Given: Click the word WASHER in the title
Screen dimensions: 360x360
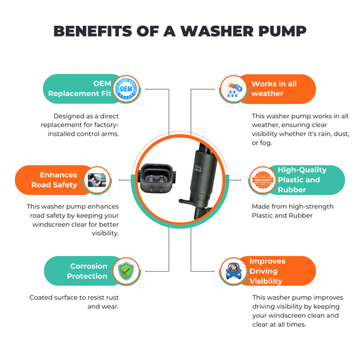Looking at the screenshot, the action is (217, 31).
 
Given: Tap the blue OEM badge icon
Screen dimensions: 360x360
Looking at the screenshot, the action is (126, 88).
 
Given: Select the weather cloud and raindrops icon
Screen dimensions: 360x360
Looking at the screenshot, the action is (234, 89).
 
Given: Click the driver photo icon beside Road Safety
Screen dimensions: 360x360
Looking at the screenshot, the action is (97, 180).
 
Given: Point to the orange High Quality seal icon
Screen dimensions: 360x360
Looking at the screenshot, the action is (263, 180).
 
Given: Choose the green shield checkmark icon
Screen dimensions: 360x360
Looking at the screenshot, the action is (126, 271).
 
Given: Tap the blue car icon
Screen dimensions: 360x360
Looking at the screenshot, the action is (234, 271).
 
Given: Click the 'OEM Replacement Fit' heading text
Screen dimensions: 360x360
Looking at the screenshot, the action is (79, 88).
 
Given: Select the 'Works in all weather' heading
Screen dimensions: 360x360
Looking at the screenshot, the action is (274, 88).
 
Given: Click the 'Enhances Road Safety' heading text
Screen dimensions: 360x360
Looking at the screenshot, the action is (54, 180).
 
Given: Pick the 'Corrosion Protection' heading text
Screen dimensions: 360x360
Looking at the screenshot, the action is (87, 271).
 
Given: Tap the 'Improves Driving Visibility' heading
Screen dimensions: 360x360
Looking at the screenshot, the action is (268, 271).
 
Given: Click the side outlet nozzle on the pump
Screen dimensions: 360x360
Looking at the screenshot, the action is (185, 201).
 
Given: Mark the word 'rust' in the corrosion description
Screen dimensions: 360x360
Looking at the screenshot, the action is (112, 298).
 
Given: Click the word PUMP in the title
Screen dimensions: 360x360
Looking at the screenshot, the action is (283, 31).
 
